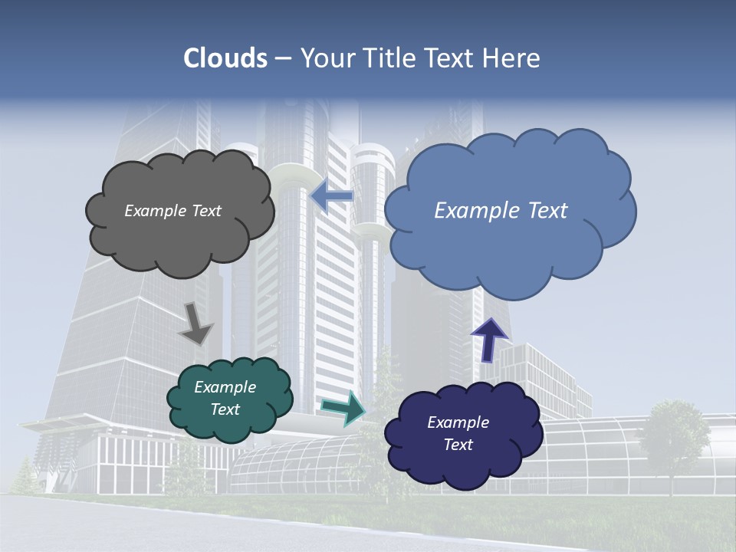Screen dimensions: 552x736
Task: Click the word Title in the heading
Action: (389, 58)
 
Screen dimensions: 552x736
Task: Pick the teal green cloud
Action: (230, 426)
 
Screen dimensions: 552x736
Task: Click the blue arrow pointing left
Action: (332, 197)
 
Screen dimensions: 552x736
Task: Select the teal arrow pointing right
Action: (343, 408)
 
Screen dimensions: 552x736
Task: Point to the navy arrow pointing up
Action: (488, 340)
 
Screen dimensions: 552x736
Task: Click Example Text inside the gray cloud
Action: (172, 211)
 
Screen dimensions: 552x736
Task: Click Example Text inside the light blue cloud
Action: (501, 211)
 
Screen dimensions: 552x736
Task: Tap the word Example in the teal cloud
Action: (225, 387)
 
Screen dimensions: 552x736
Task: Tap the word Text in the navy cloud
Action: (458, 445)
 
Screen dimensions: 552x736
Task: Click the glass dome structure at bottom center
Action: (299, 464)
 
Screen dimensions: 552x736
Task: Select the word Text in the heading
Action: (452, 58)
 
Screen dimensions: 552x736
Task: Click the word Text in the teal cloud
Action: (225, 409)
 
